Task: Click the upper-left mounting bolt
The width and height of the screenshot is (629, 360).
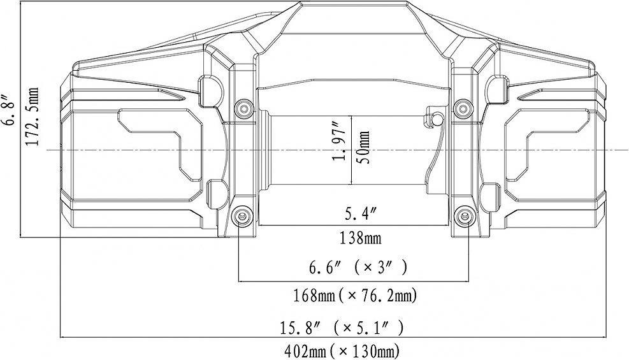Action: coord(242,109)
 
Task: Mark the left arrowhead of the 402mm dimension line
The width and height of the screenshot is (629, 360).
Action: coord(62,336)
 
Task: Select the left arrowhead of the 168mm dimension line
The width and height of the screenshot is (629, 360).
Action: coord(241,280)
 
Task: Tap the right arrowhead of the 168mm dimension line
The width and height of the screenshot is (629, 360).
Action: coord(468,280)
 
